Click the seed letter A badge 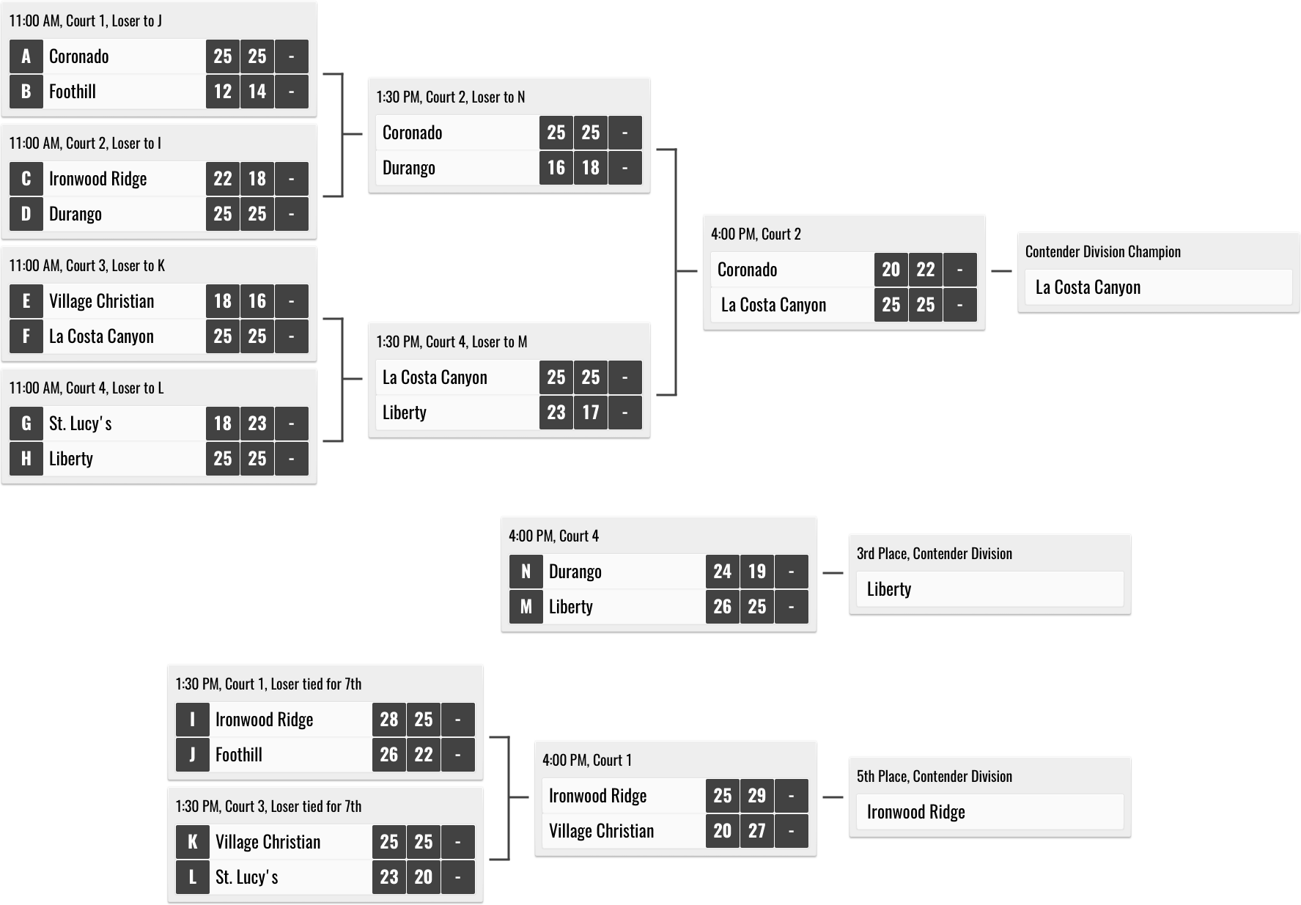(26, 56)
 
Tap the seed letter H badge (26, 459)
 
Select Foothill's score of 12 (223, 92)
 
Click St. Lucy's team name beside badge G (81, 424)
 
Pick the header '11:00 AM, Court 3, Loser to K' (87, 265)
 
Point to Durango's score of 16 (556, 168)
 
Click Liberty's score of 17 (591, 413)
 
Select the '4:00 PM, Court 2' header (756, 234)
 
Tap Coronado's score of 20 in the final (891, 270)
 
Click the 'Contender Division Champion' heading (1103, 251)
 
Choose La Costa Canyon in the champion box (1088, 287)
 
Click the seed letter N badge (526, 572)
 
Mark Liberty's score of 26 (723, 607)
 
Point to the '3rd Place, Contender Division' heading (935, 553)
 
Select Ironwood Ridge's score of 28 (389, 720)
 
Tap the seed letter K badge (193, 842)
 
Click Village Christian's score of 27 (757, 831)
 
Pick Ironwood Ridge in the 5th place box (916, 812)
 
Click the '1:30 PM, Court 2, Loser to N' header (451, 97)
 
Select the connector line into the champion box (1001, 271)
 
